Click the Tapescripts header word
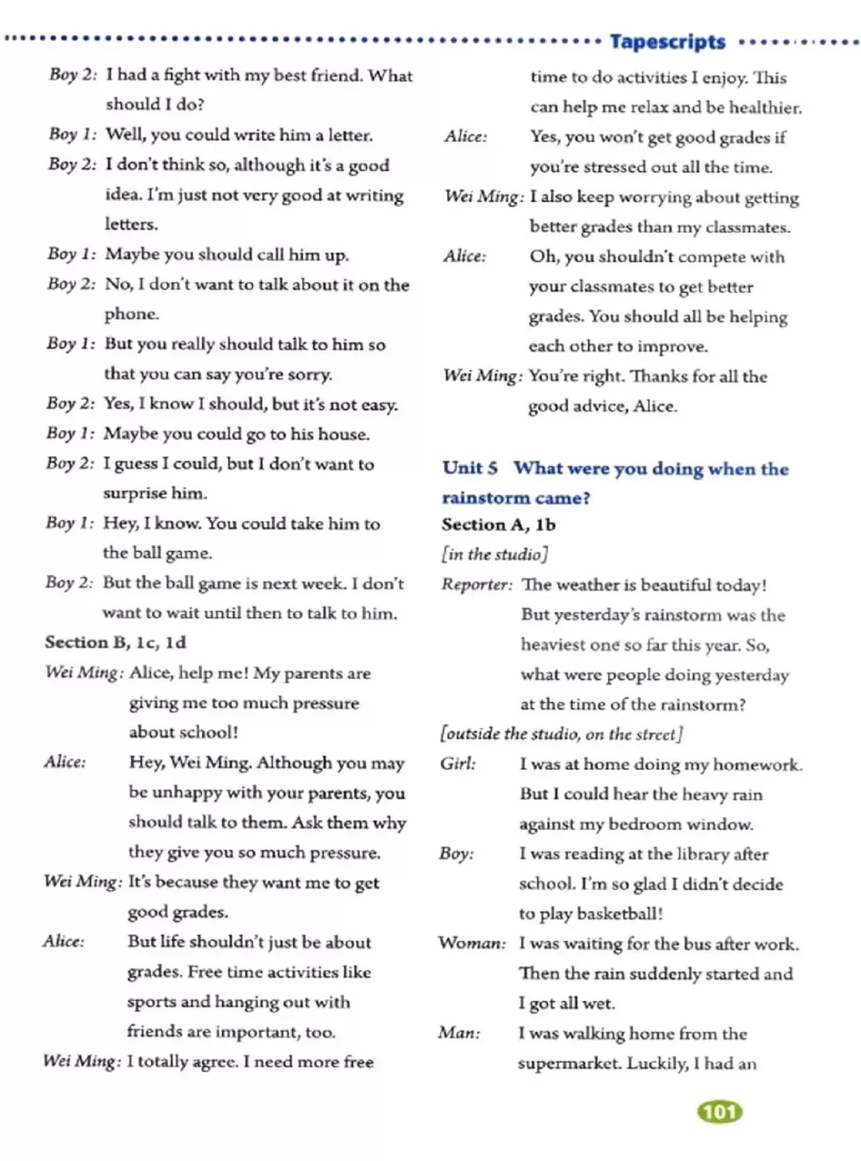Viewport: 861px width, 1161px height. (x=667, y=41)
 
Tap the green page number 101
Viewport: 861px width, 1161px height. (x=719, y=1112)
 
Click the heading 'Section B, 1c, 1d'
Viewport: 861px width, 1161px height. (x=116, y=642)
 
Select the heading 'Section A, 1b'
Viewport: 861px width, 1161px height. (x=498, y=524)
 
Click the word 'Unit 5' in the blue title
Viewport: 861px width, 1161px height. (x=470, y=468)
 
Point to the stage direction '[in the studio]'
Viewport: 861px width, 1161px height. (x=495, y=554)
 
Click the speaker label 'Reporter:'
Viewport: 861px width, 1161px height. (x=477, y=584)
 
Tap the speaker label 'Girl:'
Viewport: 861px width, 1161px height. (x=458, y=763)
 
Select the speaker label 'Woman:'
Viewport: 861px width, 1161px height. (x=471, y=943)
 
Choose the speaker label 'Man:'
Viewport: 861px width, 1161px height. (x=459, y=1033)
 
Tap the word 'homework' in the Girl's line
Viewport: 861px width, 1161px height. (x=757, y=764)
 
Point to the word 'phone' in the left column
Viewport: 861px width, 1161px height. (x=131, y=314)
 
